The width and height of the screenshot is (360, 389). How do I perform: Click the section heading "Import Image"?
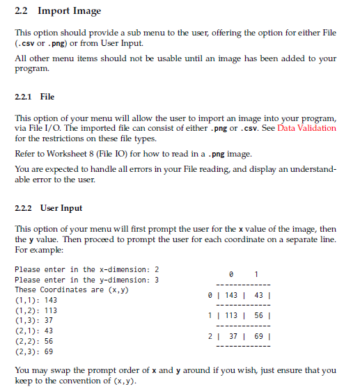[x=69, y=11]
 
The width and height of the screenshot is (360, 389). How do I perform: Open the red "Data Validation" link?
[x=307, y=128]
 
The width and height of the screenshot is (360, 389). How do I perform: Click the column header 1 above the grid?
[x=257, y=274]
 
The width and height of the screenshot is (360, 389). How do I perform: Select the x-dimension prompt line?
[x=87, y=269]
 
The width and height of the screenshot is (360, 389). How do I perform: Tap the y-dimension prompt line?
[x=87, y=280]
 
